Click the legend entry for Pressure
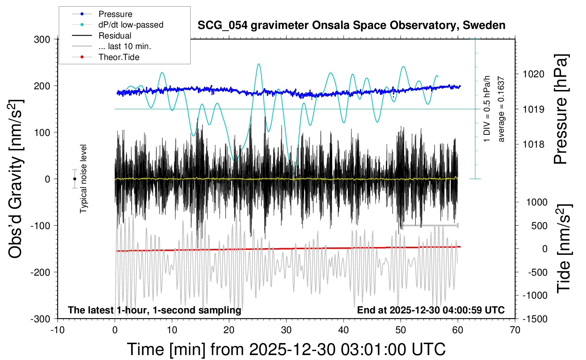tap(115, 14)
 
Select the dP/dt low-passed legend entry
tap(131, 25)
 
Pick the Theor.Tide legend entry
tap(119, 57)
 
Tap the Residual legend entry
tap(115, 36)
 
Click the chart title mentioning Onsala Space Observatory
tap(351, 25)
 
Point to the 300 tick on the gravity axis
tap(42, 40)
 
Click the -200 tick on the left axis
tap(40, 272)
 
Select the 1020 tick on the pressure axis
tap(533, 74)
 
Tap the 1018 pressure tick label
tap(533, 144)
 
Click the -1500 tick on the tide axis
tap(534, 319)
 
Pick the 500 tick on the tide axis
tap(539, 226)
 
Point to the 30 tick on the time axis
tap(286, 330)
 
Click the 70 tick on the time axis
tap(515, 330)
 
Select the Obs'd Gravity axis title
tap(16, 179)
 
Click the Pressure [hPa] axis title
tap(560, 109)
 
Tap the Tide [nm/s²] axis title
tap(564, 249)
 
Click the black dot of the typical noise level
tap(74, 179)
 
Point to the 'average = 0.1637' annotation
tap(501, 109)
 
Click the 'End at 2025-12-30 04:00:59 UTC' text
tap(431, 310)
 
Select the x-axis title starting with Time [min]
tap(286, 349)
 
